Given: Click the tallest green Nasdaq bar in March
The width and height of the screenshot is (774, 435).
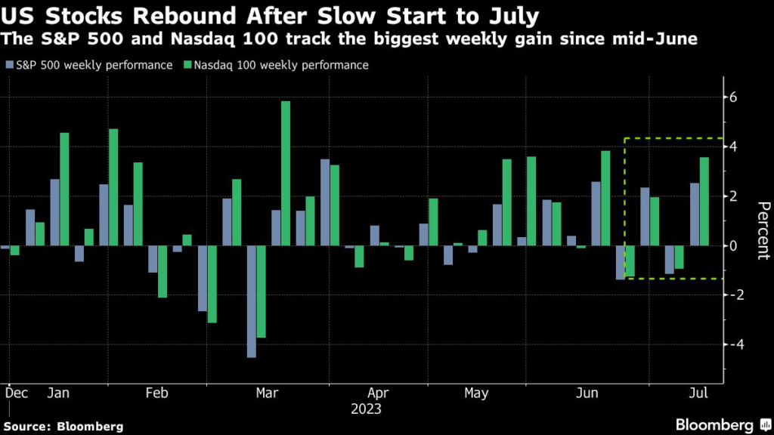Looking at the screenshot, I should click(286, 173).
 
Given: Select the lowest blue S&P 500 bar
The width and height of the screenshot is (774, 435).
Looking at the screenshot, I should click(252, 301).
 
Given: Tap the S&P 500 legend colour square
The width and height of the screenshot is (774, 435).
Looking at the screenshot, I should click(8, 66).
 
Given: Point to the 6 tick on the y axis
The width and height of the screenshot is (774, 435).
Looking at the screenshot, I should click(732, 97).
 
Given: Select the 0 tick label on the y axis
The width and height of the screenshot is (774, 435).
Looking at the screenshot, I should click(732, 245).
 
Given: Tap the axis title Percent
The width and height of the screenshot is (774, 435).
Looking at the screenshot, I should click(763, 231).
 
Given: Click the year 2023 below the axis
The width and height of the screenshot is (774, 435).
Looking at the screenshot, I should click(366, 409).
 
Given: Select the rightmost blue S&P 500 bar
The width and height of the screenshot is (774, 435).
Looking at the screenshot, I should click(695, 214).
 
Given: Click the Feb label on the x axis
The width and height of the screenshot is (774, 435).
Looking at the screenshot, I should click(156, 393).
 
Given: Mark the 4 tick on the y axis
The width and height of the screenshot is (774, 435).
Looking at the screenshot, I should click(732, 147).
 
